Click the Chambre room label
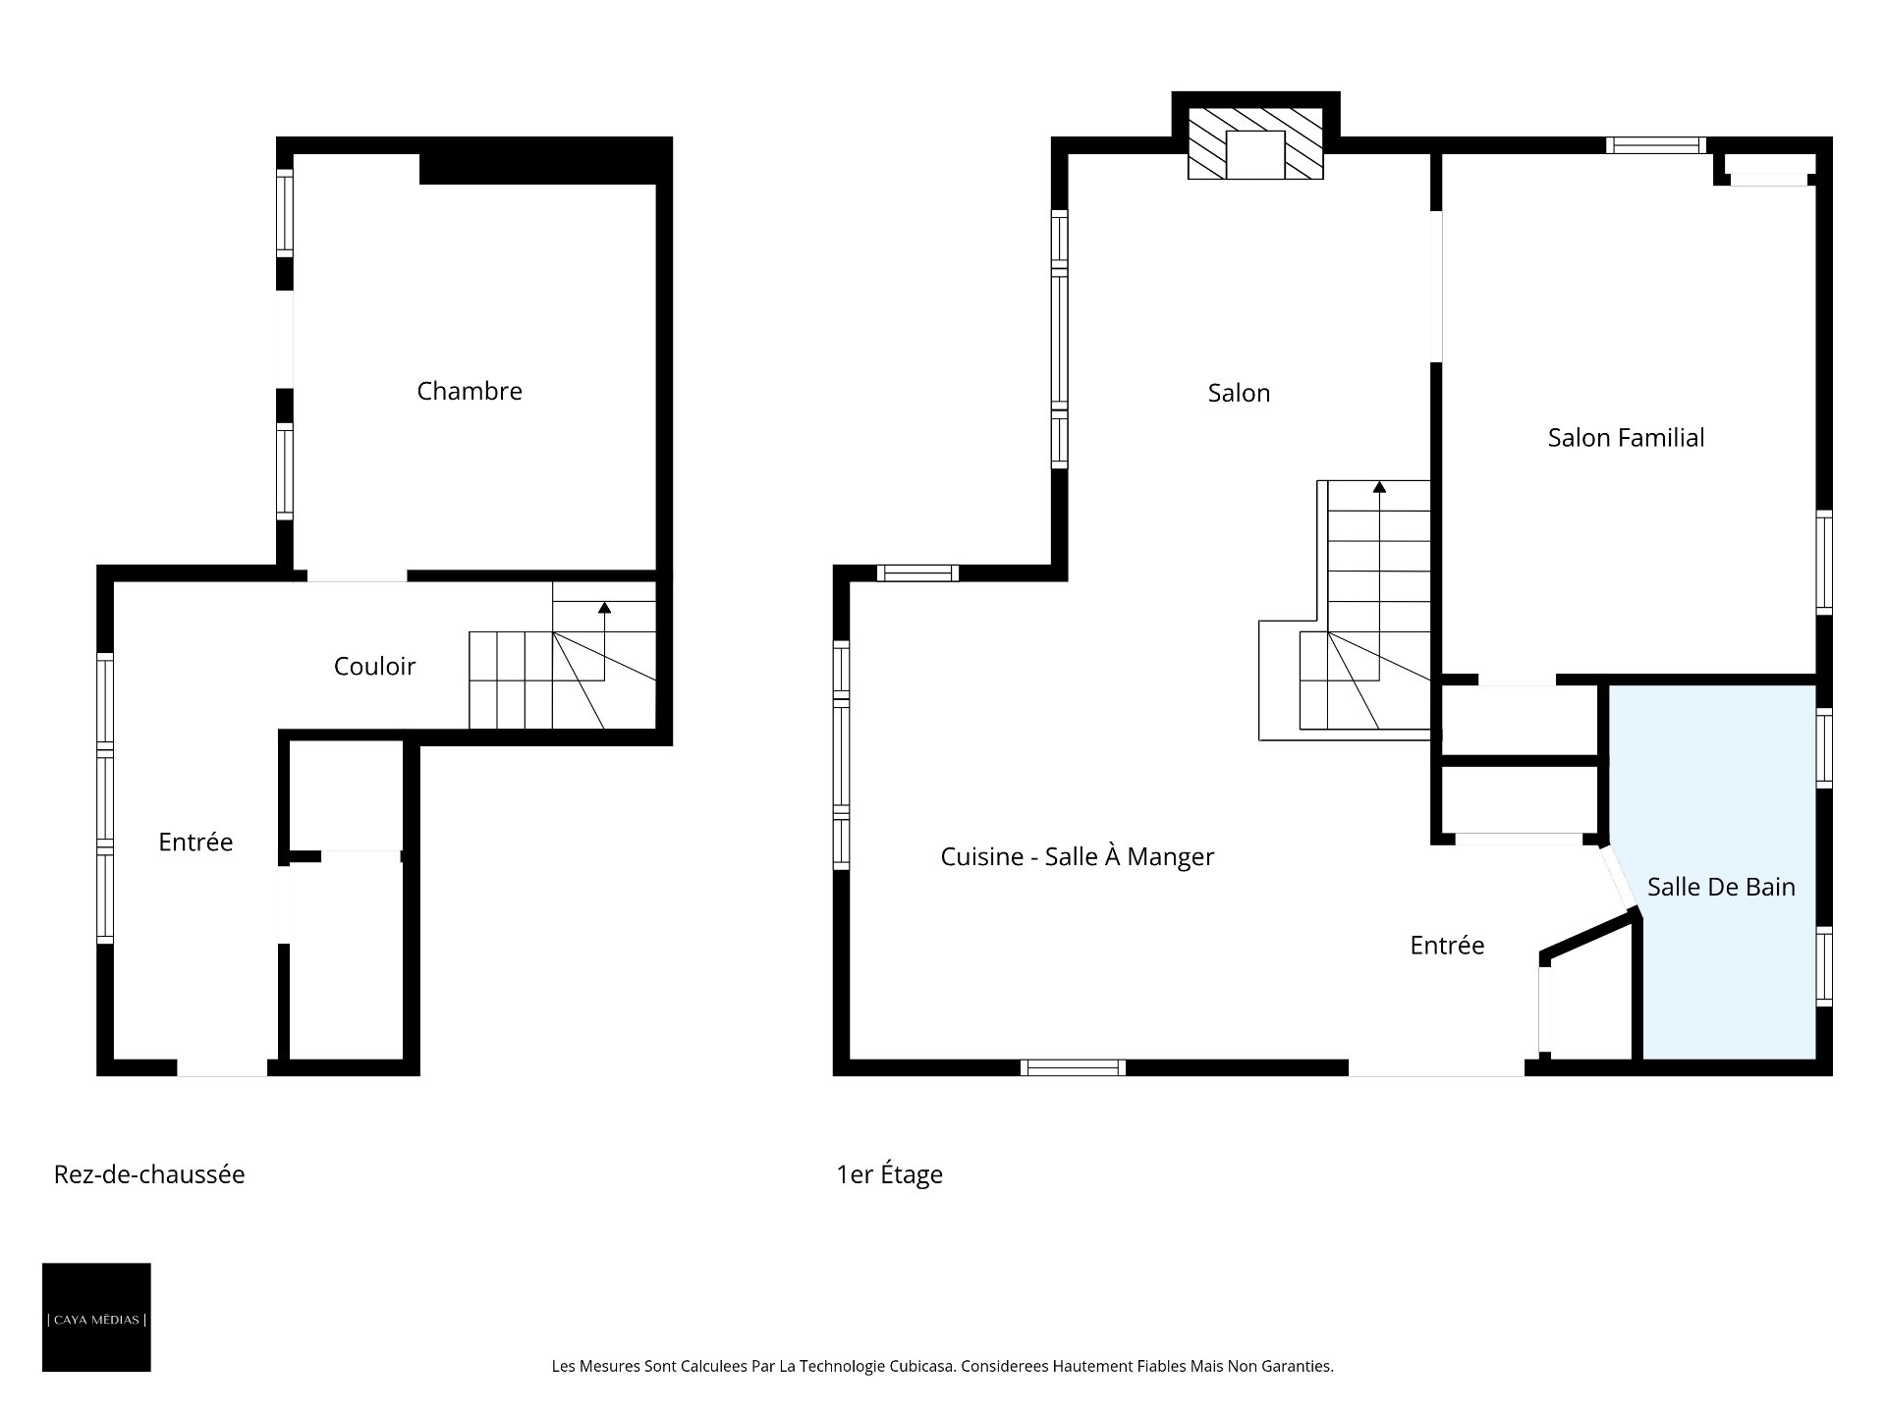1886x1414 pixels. pyautogui.click(x=470, y=391)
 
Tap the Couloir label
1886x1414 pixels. pyautogui.click(x=374, y=666)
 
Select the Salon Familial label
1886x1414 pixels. pyautogui.click(x=1626, y=437)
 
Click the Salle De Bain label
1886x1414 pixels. pyautogui.click(x=1721, y=887)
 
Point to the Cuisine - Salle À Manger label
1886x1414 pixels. pyautogui.click(x=1078, y=856)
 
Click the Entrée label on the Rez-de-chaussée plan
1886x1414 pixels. pyautogui.click(x=195, y=842)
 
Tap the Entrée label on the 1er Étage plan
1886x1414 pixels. pyautogui.click(x=1447, y=945)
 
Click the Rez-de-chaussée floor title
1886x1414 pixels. pyautogui.click(x=149, y=1174)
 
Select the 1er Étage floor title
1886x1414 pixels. pyautogui.click(x=889, y=1174)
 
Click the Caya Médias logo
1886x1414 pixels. pyautogui.click(x=96, y=1317)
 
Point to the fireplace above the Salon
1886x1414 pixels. pyautogui.click(x=1255, y=143)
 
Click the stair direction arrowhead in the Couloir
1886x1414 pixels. pyautogui.click(x=604, y=608)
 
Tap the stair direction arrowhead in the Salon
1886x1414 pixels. pyautogui.click(x=1379, y=486)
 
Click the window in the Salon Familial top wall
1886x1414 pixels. pyautogui.click(x=1655, y=145)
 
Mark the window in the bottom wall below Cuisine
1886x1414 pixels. pyautogui.click(x=1073, y=1068)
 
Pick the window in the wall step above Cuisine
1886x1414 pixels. pyautogui.click(x=917, y=572)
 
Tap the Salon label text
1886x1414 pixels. pyautogui.click(x=1239, y=393)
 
